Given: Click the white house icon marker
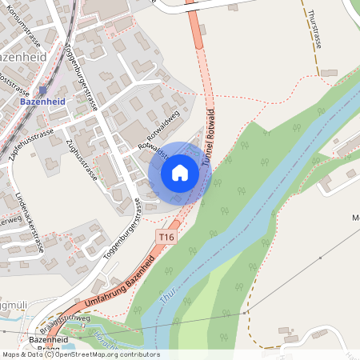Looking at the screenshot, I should pos(180,173).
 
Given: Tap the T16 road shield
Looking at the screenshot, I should pos(166,238).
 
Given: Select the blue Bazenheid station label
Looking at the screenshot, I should pos(42,102).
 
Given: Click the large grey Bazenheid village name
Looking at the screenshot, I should pos(24,57).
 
